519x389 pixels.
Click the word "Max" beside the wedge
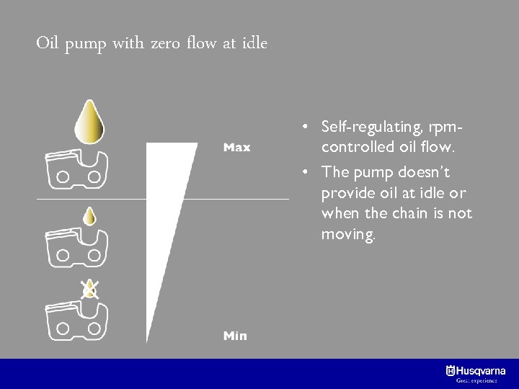coord(236,148)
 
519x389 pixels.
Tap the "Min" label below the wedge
coord(235,336)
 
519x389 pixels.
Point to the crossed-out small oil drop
coord(89,289)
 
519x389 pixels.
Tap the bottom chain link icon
coord(77,320)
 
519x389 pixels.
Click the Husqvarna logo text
coord(476,370)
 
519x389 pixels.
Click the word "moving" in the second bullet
coord(347,236)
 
